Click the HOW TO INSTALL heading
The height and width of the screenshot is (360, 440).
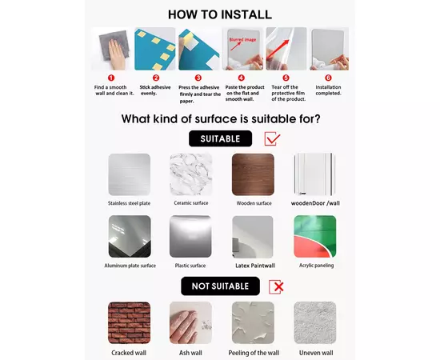pos(220,14)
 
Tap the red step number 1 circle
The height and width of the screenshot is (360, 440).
pos(111,78)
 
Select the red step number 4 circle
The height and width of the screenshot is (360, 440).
pos(242,78)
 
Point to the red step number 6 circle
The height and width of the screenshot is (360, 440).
pos(328,78)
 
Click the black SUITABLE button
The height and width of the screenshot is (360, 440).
pos(220,138)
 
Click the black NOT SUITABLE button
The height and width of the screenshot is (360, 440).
pos(220,286)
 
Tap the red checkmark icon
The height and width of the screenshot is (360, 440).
pos(272,138)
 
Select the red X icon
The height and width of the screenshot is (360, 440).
pos(276,286)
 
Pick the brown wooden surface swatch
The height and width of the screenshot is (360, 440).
pos(253,174)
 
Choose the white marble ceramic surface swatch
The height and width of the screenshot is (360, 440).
pos(191,174)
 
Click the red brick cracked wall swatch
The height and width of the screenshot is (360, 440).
pos(130,322)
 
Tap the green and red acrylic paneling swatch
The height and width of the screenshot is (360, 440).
pos(315,236)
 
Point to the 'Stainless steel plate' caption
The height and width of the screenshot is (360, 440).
pos(129,203)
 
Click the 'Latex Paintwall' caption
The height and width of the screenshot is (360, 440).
pos(255,266)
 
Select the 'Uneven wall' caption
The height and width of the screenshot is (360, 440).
pos(316,353)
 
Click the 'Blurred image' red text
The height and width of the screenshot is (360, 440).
pos(242,40)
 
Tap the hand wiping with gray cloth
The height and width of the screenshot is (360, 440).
pos(116,54)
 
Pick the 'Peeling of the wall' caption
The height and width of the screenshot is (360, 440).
pos(254,353)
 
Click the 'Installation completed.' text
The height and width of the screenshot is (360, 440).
pos(328,90)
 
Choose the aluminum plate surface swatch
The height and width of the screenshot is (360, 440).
pos(130,236)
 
